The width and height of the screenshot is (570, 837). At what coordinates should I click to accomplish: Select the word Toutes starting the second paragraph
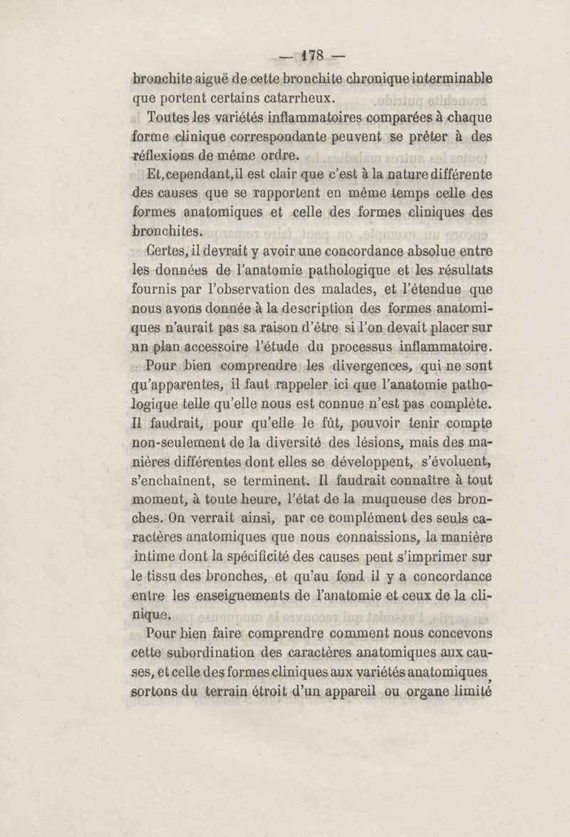(x=168, y=117)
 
